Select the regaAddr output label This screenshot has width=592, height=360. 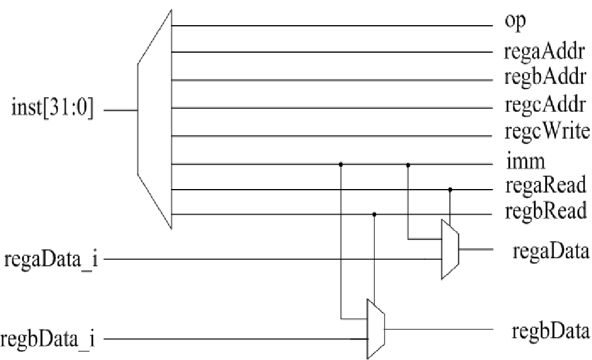click(545, 53)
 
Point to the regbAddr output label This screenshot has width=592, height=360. click(545, 78)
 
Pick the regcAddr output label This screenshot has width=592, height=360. click(545, 105)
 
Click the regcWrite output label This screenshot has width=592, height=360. click(546, 132)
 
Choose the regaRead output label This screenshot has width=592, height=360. click(545, 186)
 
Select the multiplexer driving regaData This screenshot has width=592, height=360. click(450, 249)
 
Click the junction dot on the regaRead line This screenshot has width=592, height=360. click(450, 190)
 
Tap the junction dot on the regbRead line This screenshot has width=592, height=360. click(374, 214)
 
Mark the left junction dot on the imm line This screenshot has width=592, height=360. click(340, 164)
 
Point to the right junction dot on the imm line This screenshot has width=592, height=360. click(408, 164)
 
